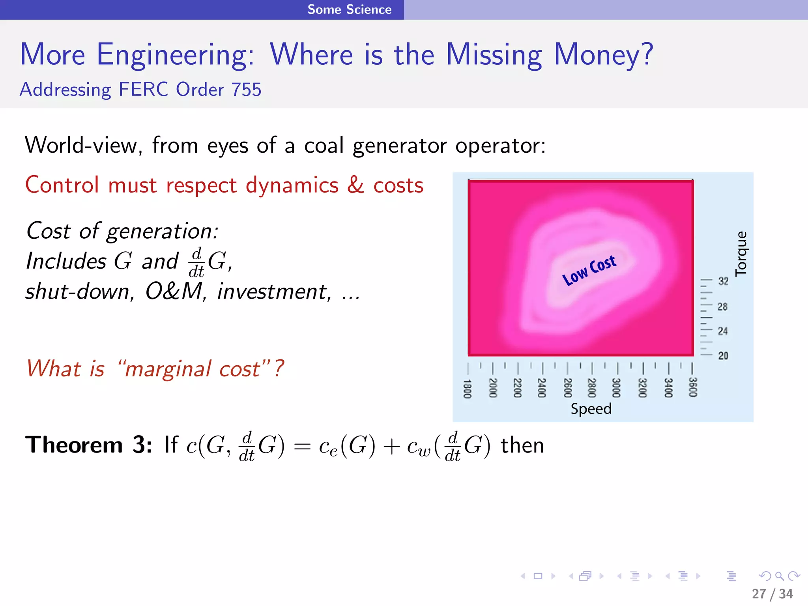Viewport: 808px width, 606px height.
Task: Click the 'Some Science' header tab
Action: (350, 9)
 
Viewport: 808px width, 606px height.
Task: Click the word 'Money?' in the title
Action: (603, 55)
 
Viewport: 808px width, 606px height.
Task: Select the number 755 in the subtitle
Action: (246, 90)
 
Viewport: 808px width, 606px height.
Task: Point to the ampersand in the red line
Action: (355, 185)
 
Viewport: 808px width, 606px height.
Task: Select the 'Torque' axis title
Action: (741, 253)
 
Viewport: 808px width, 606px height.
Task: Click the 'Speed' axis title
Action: (591, 409)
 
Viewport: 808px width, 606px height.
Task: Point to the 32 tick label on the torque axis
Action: (723, 281)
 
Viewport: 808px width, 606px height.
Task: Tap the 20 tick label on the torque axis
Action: (723, 355)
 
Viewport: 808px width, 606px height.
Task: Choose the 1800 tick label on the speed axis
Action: (467, 389)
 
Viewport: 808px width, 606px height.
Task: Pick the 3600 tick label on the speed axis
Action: (693, 387)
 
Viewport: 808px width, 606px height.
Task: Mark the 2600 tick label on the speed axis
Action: (567, 388)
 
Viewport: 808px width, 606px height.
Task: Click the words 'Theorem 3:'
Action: (89, 445)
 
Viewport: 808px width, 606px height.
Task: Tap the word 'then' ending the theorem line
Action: (522, 446)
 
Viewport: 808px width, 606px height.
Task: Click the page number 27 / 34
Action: (772, 593)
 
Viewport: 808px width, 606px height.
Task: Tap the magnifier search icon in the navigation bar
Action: (779, 576)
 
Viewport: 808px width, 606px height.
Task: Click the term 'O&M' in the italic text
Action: (174, 292)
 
